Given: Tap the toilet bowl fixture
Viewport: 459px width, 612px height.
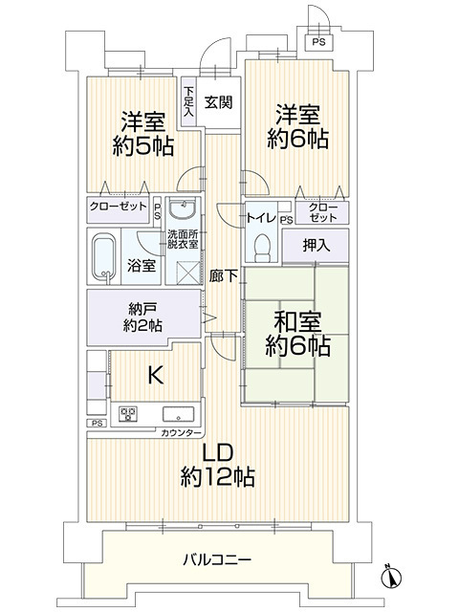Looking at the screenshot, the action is coord(262,248).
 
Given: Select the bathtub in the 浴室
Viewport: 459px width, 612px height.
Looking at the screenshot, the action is coord(104,255).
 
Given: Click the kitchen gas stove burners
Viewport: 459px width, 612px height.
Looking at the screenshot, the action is coord(128,414).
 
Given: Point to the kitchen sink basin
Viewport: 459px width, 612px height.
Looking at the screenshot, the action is coord(178,414).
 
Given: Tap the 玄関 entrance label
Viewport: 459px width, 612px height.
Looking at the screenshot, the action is coord(219,102).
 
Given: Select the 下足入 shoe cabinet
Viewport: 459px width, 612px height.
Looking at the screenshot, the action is coord(189,101).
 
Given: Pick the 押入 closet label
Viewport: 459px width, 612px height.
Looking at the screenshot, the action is coord(317,246).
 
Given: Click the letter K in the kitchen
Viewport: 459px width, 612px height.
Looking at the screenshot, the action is coord(155,375).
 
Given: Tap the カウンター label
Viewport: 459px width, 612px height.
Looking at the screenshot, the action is coord(181,433).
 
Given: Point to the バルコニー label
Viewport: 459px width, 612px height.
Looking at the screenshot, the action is coord(217,560).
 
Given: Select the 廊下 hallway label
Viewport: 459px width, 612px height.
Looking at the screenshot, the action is coord(223,276).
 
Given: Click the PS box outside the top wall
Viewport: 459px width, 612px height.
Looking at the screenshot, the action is coord(318,42).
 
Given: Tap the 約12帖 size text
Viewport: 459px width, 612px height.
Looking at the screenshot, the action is coord(218,476).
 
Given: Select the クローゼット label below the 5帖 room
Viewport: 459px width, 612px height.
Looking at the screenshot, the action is coord(119,207).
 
